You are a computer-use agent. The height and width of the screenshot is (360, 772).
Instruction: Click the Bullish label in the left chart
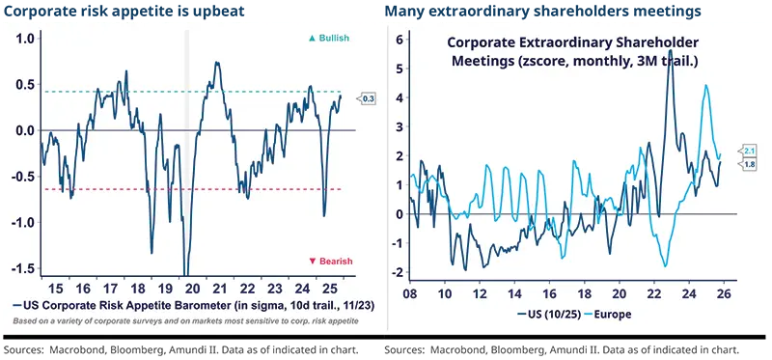tap(331, 38)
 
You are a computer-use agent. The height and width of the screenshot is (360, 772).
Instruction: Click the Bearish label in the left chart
tap(331, 262)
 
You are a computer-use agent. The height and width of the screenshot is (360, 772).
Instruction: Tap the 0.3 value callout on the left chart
tap(369, 98)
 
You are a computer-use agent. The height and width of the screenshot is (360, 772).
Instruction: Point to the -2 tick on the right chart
tap(396, 272)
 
